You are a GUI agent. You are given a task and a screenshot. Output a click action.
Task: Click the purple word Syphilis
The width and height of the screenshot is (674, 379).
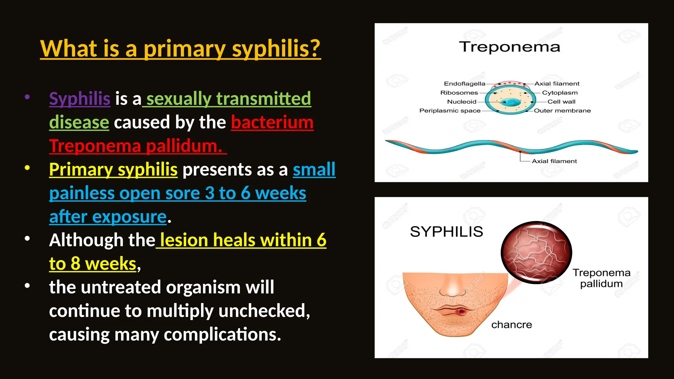tap(79, 99)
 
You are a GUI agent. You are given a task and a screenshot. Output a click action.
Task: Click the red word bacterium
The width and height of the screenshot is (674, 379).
tap(272, 122)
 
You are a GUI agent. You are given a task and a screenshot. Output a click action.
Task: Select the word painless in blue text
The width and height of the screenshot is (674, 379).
tap(82, 193)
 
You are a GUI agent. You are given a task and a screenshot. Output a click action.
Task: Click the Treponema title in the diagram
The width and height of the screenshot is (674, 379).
tap(509, 47)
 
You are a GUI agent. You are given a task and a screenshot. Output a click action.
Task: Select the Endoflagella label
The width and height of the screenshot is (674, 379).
tap(464, 84)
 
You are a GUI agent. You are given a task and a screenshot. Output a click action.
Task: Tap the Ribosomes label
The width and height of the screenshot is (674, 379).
tap(459, 93)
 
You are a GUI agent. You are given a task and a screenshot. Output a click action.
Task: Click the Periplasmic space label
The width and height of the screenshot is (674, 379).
tap(450, 111)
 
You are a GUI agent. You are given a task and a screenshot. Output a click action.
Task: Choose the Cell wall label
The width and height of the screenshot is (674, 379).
tap(561, 102)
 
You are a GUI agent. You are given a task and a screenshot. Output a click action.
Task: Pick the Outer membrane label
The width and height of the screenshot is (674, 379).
tap(562, 111)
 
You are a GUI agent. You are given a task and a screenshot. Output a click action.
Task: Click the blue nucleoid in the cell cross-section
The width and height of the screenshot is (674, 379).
tap(511, 102)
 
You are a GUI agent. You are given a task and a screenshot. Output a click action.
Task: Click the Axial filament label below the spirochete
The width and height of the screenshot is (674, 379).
tap(554, 161)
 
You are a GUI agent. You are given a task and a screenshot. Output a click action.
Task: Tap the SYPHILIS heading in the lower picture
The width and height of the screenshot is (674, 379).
tap(446, 232)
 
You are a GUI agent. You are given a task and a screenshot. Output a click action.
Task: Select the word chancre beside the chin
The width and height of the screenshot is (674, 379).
tap(511, 325)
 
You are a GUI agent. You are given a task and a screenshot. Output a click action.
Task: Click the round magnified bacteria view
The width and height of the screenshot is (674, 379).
tap(536, 252)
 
